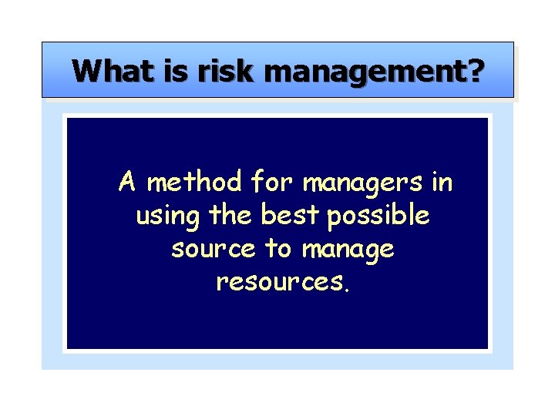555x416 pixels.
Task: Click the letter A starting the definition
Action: tap(128, 183)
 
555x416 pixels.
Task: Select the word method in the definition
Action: tap(193, 183)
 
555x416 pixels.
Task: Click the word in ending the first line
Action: tap(442, 183)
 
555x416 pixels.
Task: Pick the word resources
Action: tap(279, 283)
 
